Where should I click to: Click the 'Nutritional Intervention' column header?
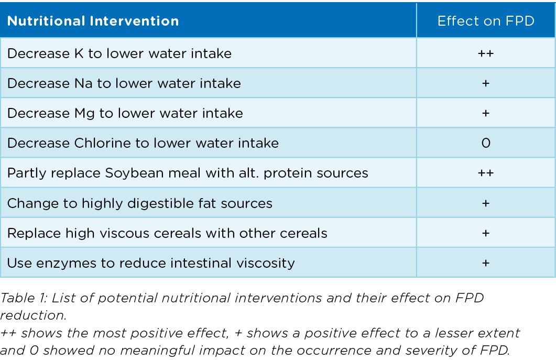93,21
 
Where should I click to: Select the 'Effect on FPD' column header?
486,21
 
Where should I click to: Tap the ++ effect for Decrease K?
486,53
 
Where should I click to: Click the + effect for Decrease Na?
486,83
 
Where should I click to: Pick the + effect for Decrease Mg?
486,113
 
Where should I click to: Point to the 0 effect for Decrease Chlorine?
486,143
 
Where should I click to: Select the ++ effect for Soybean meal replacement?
486,173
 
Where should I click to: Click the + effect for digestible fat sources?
486,203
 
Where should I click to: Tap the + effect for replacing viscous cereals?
486,233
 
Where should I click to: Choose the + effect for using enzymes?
486,263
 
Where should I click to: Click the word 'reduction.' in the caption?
33,315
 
